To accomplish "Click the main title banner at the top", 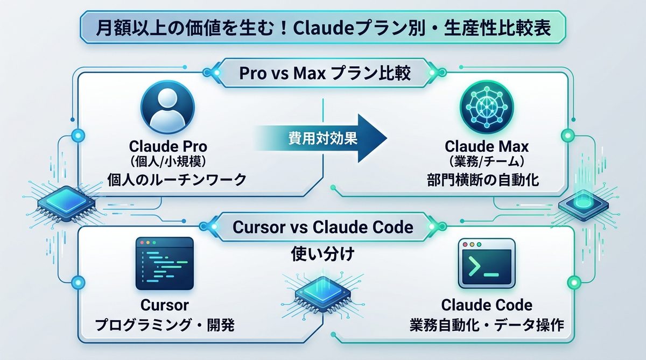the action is [x=323, y=29].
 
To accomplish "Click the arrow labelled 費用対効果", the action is [x=323, y=138].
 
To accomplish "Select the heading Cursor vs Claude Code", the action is [x=323, y=227].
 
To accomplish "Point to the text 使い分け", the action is [x=322, y=253].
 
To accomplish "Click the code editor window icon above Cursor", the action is [x=165, y=264].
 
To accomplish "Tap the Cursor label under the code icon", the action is [x=165, y=305].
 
